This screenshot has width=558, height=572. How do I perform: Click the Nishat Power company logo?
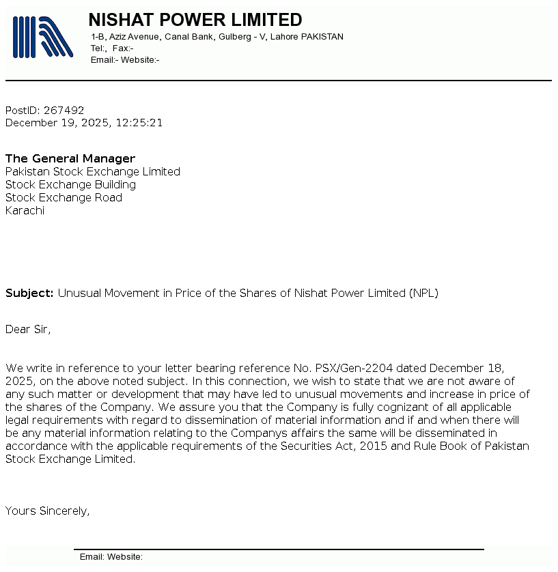tap(42, 37)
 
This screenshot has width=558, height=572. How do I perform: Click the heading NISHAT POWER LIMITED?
tap(195, 20)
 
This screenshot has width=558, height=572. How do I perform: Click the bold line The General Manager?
tap(70, 158)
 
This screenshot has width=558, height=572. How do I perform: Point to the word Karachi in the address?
tap(25, 210)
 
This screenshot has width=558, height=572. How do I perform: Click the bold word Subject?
tap(29, 293)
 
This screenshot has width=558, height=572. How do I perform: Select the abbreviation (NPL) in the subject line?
tap(423, 293)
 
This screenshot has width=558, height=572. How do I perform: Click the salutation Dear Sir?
tap(28, 329)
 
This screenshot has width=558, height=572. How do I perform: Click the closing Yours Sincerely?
tap(47, 510)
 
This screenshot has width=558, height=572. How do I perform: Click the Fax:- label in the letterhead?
tap(123, 48)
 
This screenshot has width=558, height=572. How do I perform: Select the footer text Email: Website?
tap(111, 557)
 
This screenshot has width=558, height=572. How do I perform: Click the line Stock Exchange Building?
tap(70, 184)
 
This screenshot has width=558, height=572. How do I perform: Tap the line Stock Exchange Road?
tap(64, 197)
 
